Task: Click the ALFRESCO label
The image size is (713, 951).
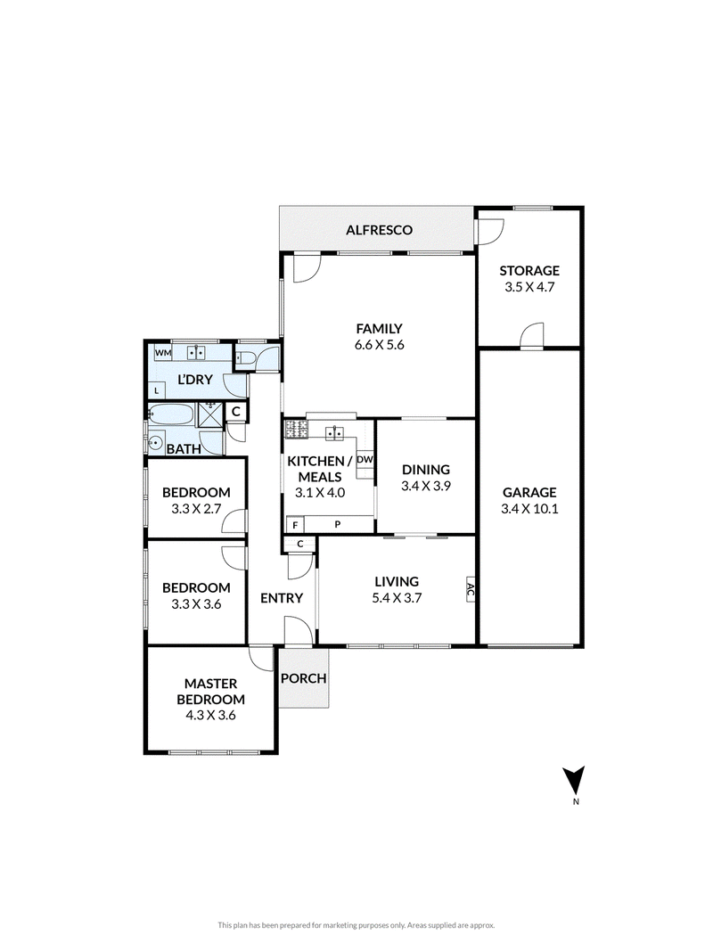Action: pos(379,230)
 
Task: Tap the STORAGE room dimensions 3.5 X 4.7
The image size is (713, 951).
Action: pos(529,287)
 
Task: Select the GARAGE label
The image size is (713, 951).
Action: pos(529,493)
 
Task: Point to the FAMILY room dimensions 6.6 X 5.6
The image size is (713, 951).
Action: pos(379,345)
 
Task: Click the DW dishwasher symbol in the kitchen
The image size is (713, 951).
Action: pos(365,460)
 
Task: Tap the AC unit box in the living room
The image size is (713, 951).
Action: pos(470,588)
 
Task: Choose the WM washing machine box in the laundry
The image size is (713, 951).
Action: pos(162,352)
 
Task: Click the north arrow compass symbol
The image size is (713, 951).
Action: pos(573,781)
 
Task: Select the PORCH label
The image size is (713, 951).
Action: pos(304,678)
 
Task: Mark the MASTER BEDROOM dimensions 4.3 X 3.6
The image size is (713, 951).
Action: pos(210,715)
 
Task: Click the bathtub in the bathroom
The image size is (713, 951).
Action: pos(172,415)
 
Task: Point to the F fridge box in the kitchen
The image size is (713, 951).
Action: pos(295,525)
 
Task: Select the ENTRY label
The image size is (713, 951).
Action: pos(282,599)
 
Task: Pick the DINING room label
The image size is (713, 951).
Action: pos(426,470)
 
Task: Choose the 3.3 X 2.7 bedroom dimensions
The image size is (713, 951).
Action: pos(196,509)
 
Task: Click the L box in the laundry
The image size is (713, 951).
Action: pos(157,391)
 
